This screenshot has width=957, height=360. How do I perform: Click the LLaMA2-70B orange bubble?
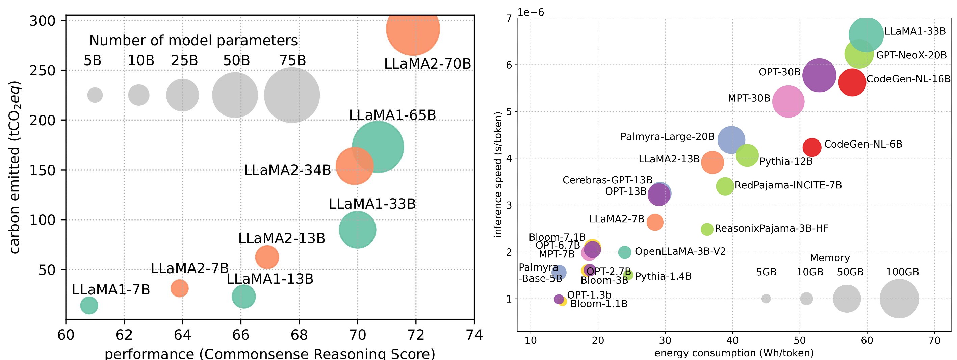tap(413, 29)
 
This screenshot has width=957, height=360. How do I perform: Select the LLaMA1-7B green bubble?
tap(89, 305)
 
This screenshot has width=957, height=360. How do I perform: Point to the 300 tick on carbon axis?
tap(48, 21)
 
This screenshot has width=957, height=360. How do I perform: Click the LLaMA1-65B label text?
tap(392, 115)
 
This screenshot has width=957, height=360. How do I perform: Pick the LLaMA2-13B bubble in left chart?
tap(267, 257)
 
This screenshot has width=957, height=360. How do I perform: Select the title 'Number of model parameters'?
tap(193, 41)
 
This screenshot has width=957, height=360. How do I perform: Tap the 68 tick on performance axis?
tap(299, 335)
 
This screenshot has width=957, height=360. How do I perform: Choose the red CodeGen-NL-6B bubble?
tap(812, 147)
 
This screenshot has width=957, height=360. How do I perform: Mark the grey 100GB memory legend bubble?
tap(899, 299)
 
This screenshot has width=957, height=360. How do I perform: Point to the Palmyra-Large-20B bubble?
tap(731, 140)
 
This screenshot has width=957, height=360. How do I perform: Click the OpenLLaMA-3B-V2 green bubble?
tap(624, 252)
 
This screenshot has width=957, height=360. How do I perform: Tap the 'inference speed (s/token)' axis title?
tap(498, 174)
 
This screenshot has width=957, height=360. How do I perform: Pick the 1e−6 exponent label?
tap(531, 12)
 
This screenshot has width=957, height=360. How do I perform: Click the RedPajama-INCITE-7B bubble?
tap(725, 186)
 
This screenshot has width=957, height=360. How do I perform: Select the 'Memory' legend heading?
tap(830, 258)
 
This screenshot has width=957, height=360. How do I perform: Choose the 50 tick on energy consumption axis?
tap(800, 340)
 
